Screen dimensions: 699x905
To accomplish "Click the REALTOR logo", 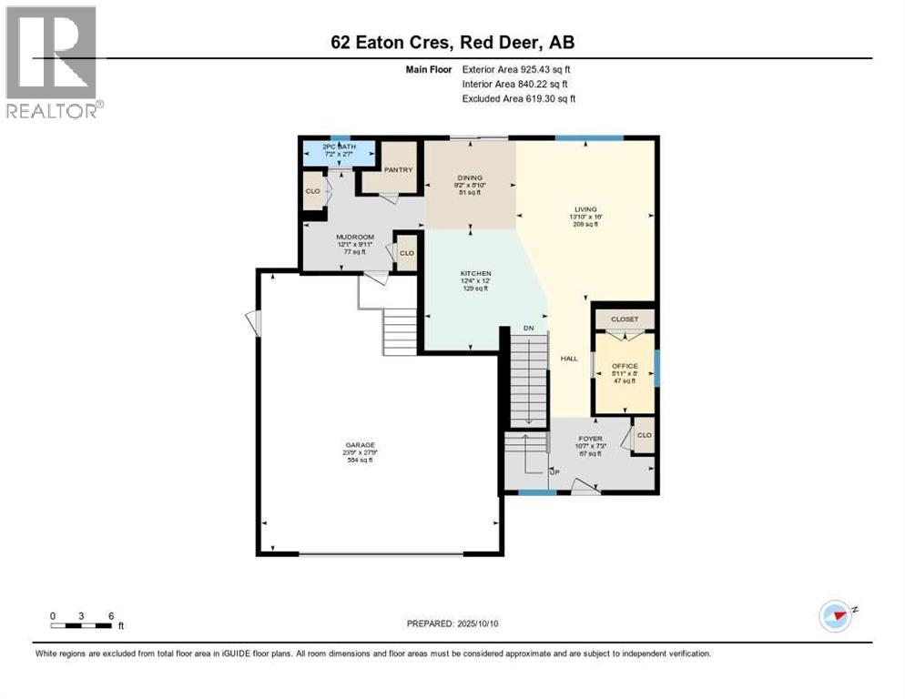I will (x=54, y=62).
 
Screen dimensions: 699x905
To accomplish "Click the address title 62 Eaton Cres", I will (x=452, y=42).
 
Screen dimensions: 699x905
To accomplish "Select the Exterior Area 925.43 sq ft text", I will (x=516, y=69).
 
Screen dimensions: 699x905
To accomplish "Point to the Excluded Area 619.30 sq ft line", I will (x=518, y=98).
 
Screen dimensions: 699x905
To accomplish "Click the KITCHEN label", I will (x=475, y=274).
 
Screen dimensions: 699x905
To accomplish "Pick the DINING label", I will (x=470, y=178).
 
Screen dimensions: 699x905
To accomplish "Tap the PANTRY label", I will (x=398, y=169).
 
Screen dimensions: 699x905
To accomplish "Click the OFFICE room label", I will (x=625, y=366).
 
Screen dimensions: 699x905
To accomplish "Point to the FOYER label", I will (x=591, y=438).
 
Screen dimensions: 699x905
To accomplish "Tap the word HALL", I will (x=569, y=359).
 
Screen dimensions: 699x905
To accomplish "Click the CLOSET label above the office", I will (x=625, y=319).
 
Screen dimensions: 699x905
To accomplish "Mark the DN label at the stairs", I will (x=528, y=328).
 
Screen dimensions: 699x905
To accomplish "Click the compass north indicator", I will (x=836, y=616).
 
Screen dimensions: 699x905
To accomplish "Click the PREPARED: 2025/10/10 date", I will (x=452, y=623).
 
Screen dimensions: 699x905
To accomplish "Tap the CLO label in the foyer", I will (x=645, y=435).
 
